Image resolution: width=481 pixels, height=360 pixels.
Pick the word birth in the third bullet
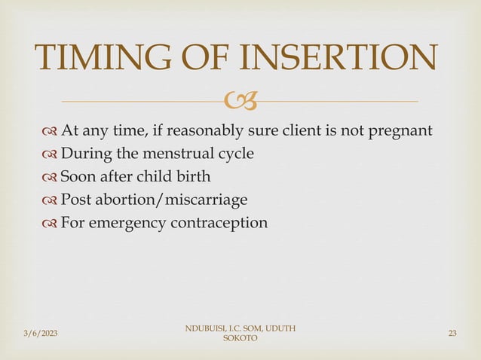(x=194, y=177)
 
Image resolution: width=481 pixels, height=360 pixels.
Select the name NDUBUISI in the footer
(x=201, y=328)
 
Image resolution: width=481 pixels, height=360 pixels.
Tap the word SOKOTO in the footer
(x=240, y=339)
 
